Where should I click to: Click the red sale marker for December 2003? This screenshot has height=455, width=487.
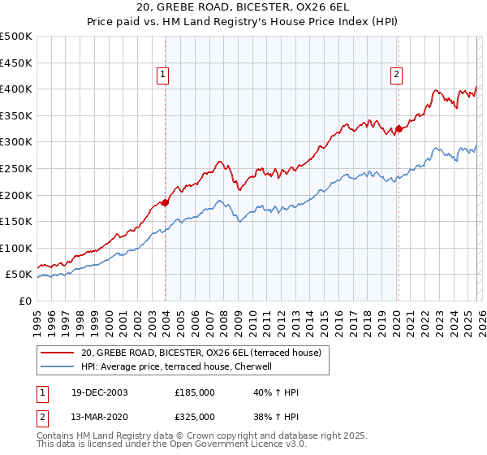(165, 202)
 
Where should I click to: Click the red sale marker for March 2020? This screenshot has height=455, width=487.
(399, 128)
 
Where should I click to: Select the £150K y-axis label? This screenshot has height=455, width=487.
(16, 221)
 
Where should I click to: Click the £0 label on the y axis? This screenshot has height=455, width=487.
(24, 301)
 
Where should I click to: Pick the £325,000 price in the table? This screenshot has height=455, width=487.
(195, 417)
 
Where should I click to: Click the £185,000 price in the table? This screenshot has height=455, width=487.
(195, 392)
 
